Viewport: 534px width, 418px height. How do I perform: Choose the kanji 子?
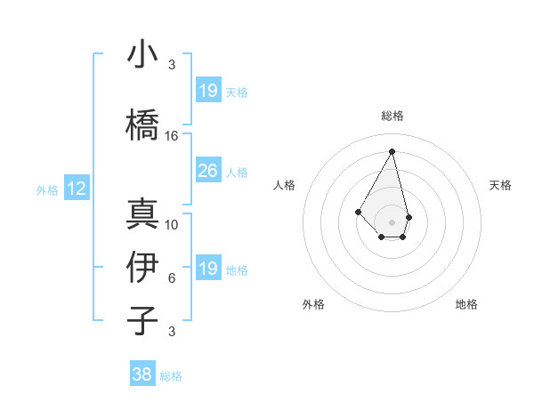coord(142,319)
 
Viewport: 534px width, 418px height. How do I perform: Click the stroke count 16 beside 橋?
coord(172,136)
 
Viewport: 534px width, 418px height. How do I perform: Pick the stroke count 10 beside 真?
coord(172,225)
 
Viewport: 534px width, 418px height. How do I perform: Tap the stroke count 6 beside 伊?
coord(172,278)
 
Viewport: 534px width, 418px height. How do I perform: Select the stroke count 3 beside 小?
coord(172,65)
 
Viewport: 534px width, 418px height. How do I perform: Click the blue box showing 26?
coord(207,171)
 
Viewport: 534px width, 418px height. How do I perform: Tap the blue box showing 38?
coord(142,375)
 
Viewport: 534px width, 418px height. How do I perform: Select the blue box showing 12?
coord(77,189)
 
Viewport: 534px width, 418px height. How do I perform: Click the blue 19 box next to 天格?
coord(207,91)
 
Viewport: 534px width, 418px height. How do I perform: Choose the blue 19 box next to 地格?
coord(207,269)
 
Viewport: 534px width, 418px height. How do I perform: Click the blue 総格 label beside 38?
coord(171,376)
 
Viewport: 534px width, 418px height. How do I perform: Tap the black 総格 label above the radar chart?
coord(392,116)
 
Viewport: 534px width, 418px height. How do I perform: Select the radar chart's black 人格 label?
coord(285,185)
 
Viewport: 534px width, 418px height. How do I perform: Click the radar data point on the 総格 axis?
coord(392,150)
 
